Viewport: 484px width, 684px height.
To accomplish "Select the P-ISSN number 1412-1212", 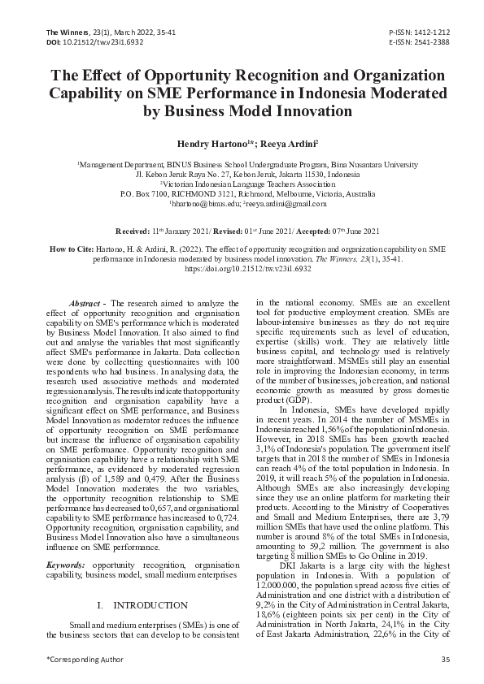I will (x=432, y=30).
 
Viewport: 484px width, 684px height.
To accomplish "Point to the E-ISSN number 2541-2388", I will (x=432, y=40).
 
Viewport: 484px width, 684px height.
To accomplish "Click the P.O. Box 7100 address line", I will (x=242, y=196).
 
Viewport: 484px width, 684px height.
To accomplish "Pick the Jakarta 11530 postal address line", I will (x=242, y=174).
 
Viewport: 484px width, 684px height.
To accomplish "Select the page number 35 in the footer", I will (x=445, y=658).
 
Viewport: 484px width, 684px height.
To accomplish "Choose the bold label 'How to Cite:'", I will (x=72, y=246).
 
